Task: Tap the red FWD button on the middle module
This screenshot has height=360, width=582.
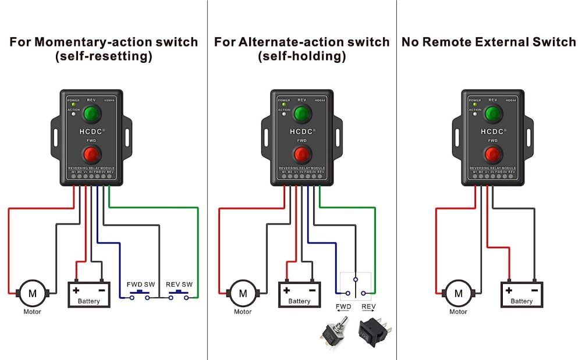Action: [301, 155]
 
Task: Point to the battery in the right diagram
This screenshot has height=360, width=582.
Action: [521, 295]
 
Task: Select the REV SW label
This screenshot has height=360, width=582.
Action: [179, 284]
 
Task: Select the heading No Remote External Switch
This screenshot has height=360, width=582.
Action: [489, 42]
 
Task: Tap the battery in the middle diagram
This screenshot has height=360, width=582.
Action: [299, 294]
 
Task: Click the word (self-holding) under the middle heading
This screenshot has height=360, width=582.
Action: [301, 57]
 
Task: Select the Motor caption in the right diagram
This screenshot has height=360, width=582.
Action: [458, 312]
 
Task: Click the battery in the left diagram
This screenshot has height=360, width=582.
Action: [88, 294]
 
